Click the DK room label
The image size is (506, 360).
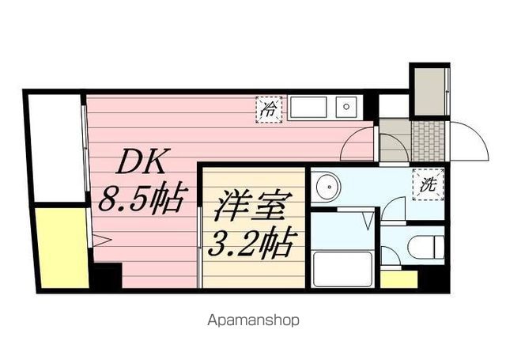click(x=143, y=165)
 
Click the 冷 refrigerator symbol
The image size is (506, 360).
click(x=269, y=109)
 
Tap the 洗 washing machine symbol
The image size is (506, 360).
click(x=429, y=184)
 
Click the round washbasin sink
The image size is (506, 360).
click(x=327, y=188)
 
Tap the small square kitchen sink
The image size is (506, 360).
click(x=346, y=107)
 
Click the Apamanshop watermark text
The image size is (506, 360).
click(x=253, y=321)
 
